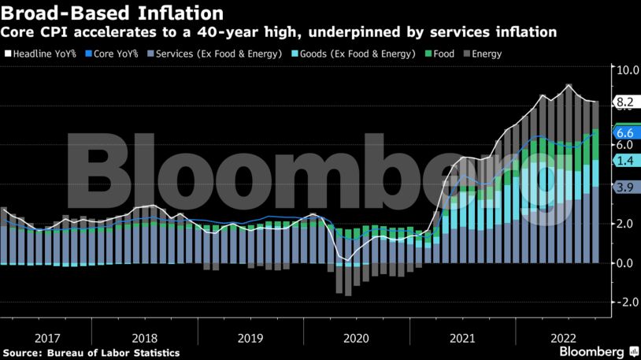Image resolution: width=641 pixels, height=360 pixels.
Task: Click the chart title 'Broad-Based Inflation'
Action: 111,13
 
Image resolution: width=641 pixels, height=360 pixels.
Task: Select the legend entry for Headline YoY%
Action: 44,54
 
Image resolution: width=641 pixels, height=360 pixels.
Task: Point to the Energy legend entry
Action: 484,54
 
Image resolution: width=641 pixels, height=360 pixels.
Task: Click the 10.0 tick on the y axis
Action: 627,70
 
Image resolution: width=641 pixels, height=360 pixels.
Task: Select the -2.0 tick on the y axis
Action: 625,302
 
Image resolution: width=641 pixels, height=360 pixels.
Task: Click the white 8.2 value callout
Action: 625,102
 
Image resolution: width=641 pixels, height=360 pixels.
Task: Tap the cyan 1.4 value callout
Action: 625,161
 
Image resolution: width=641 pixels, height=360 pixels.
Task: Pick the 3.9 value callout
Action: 625,187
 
